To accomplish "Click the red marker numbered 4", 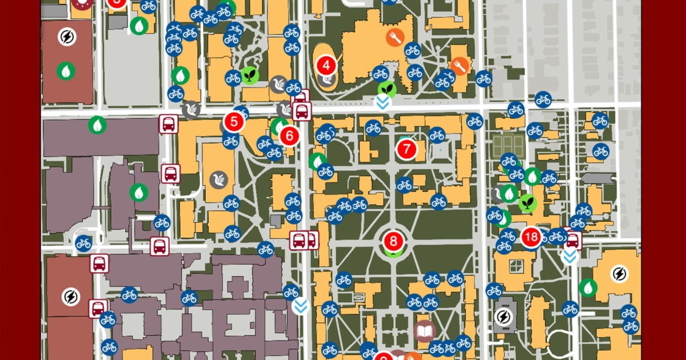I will (x=326, y=65).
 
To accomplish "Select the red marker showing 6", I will (x=289, y=135).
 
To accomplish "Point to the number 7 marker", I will (x=406, y=149).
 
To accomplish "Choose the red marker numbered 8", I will (x=393, y=240).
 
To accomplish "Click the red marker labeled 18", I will (x=531, y=237).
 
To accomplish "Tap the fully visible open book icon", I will (x=425, y=331).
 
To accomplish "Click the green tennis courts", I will (x=508, y=146).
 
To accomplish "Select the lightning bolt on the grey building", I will (x=503, y=316).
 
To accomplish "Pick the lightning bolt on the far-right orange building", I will (x=619, y=274).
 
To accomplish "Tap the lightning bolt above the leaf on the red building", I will (x=67, y=37).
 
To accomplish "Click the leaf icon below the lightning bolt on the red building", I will (x=66, y=71).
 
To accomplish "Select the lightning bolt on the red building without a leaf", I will (x=70, y=297).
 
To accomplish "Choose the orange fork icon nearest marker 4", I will (x=395, y=38).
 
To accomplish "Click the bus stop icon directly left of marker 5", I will (x=168, y=123).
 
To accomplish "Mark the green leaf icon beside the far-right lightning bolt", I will (x=588, y=287).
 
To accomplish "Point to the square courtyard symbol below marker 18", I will (x=516, y=266).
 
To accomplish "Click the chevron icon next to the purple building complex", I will (x=301, y=306).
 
